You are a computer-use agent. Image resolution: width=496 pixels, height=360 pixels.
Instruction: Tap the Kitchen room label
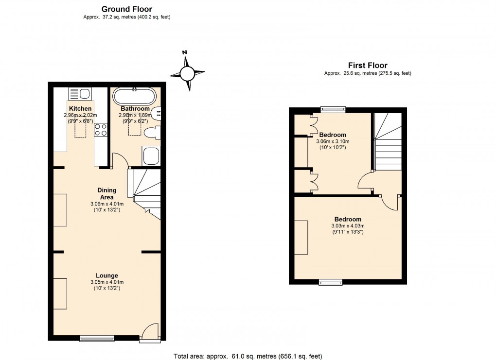pos(80,108)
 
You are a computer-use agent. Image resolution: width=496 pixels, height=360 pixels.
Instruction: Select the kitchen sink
pos(80,93)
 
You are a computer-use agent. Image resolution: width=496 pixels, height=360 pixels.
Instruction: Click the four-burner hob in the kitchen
pos(101,130)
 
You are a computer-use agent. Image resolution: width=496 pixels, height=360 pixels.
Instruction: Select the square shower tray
pos(150,155)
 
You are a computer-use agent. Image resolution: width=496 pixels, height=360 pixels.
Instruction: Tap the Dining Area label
pos(106,193)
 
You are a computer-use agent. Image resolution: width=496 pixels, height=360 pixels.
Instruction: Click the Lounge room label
pos(106,275)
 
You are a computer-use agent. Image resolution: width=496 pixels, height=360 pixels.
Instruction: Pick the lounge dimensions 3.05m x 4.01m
pos(106,282)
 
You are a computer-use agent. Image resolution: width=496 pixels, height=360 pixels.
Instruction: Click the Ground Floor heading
pos(126,9)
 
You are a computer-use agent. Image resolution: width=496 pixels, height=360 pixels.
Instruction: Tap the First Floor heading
pos(368,66)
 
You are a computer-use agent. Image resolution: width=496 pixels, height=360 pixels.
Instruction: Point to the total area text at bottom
pos(248,356)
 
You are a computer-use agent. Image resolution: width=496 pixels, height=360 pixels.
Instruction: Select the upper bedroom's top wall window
pos(333,109)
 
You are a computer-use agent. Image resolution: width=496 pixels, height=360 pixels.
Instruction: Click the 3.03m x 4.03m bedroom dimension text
pos(348,226)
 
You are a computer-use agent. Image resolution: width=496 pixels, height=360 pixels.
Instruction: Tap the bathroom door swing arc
pos(119,159)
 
